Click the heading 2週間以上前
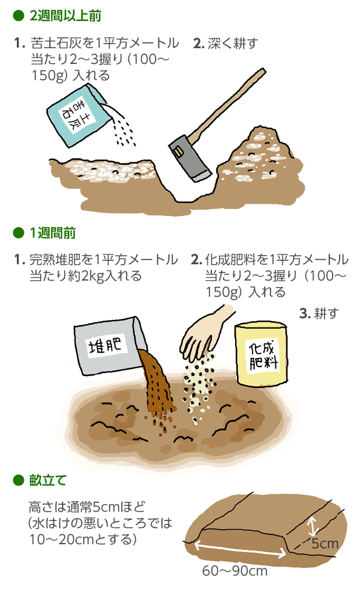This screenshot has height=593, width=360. point(65,16)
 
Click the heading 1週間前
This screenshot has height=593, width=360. point(53,232)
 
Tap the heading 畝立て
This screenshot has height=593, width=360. point(48,480)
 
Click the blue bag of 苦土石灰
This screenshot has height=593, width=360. point(78,115)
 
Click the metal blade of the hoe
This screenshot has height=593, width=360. point(189,159)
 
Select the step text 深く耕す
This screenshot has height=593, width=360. point(233,43)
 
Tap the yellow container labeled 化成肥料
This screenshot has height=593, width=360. point(261,354)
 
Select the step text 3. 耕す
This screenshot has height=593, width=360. point(319,313)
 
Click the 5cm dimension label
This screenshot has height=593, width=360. point(325,544)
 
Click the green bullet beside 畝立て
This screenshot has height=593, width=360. point(19,480)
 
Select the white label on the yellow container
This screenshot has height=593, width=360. point(263,355)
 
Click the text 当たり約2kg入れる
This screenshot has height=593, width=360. point(85,276)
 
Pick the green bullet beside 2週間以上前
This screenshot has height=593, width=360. point(19,16)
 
